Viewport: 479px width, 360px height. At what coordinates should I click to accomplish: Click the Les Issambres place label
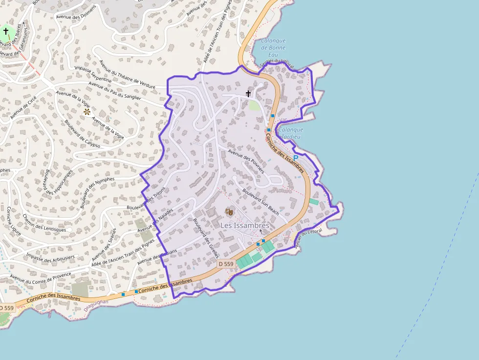coord(244,226)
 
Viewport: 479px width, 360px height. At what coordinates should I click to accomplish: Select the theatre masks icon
coord(228,211)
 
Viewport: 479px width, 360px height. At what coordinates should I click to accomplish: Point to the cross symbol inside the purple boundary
coord(248,93)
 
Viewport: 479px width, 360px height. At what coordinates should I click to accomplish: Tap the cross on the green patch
coord(6,31)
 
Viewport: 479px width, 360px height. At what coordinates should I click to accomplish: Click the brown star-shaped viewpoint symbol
coord(87,112)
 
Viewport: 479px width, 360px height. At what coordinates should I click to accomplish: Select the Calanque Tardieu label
coord(291,133)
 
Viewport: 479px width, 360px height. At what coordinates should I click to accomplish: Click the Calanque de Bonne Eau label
coord(273,48)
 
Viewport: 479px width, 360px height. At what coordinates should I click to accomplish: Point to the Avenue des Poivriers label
coord(246,162)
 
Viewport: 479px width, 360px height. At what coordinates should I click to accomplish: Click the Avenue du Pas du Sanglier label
coord(114,91)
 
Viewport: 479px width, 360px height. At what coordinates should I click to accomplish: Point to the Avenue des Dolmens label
coord(76,17)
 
